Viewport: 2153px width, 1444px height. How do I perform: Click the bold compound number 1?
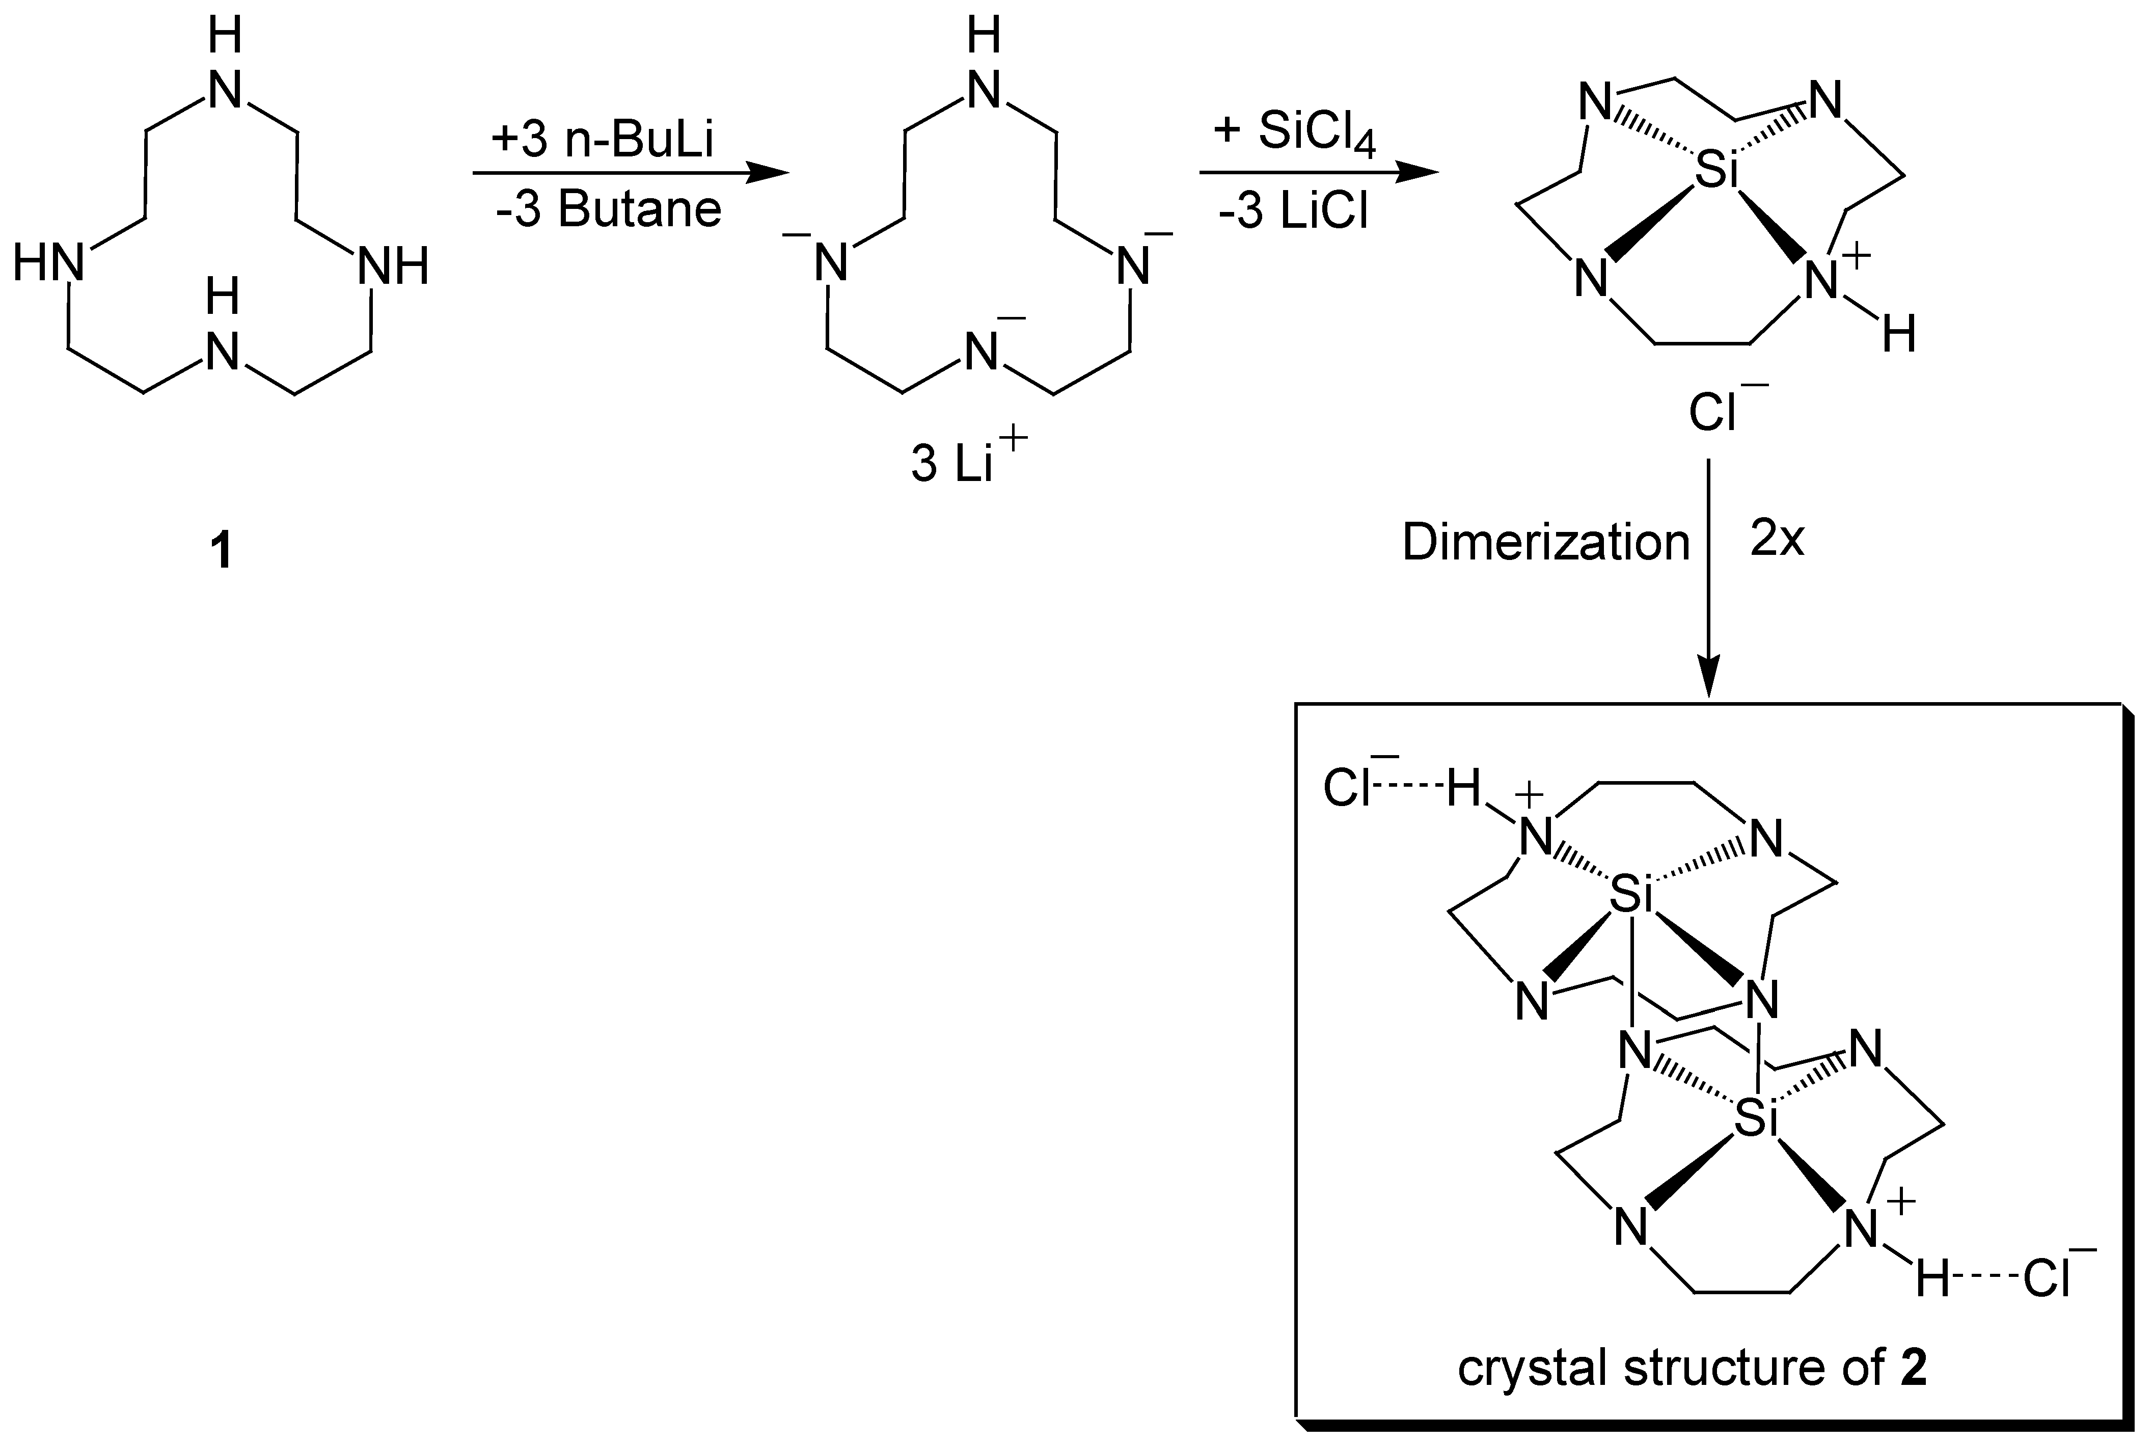pos(221,552)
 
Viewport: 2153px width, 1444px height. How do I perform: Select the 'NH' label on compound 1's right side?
pos(393,267)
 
